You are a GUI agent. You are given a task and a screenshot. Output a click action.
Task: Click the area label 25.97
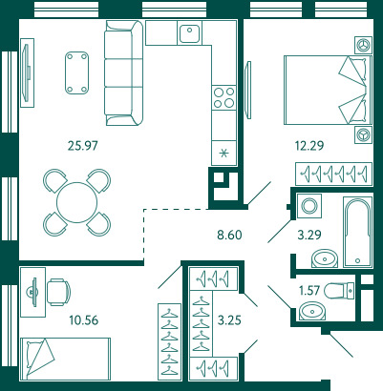click(83, 146)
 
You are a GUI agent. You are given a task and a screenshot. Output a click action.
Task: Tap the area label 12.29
click(309, 146)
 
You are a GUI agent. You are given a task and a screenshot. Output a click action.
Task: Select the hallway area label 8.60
click(229, 235)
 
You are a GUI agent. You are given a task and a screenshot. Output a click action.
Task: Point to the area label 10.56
click(84, 320)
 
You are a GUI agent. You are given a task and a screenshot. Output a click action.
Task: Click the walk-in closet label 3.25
click(229, 320)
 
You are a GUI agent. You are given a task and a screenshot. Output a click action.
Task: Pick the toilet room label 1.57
click(309, 290)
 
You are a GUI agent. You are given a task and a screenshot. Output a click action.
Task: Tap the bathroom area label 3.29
click(309, 235)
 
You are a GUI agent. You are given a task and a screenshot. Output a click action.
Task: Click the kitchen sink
click(190, 33)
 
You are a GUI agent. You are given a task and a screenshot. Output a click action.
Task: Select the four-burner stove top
click(223, 97)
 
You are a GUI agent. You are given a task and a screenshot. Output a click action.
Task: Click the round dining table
click(76, 202)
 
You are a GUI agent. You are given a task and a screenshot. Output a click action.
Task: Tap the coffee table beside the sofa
click(76, 73)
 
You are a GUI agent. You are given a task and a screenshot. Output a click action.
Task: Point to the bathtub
click(357, 233)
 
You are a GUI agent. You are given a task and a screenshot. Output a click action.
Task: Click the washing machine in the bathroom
click(309, 206)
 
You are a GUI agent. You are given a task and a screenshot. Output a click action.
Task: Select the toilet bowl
click(339, 290)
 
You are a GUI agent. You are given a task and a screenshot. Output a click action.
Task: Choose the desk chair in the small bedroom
click(59, 292)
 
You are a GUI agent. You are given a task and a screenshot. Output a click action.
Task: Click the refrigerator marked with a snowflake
click(223, 154)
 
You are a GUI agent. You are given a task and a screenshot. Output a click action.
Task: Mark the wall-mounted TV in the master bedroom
click(248, 91)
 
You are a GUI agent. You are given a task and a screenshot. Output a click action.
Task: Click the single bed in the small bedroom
click(65, 359)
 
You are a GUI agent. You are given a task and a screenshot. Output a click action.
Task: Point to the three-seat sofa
click(123, 72)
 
